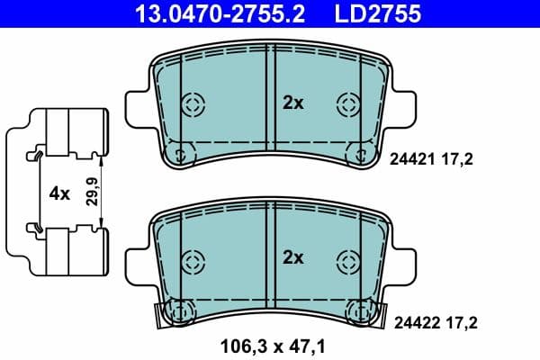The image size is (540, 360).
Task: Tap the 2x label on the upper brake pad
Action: click(x=293, y=103)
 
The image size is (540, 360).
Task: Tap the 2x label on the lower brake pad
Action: click(x=293, y=258)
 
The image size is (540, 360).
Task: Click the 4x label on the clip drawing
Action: click(x=59, y=193)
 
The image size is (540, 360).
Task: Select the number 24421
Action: click(x=410, y=159)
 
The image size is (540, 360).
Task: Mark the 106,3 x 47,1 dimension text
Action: click(x=270, y=344)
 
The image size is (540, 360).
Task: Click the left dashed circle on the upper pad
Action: click(x=193, y=103)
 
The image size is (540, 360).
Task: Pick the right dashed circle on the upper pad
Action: click(x=347, y=103)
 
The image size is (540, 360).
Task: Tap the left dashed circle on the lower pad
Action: click(x=193, y=261)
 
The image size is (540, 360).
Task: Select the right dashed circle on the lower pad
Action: click(x=347, y=261)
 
